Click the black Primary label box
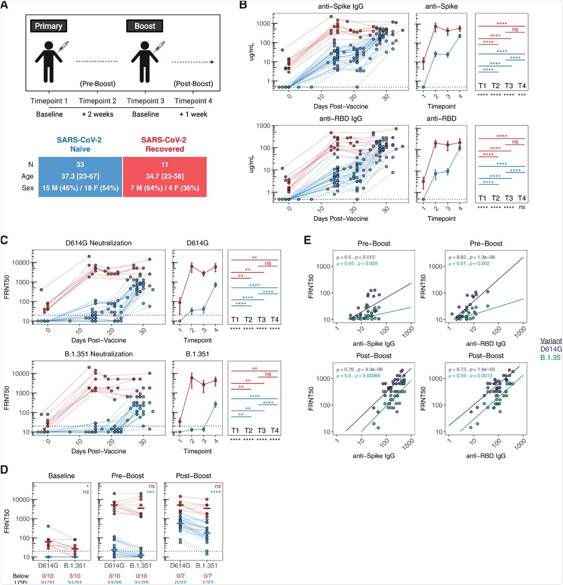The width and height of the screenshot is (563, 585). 49,26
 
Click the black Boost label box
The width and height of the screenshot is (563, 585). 145,26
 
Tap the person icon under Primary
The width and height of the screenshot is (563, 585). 49,62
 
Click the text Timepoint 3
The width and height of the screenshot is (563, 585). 146,101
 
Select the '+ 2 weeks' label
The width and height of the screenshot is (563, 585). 98,114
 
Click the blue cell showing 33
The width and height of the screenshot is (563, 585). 80,165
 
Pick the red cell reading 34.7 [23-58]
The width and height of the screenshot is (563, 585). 164,176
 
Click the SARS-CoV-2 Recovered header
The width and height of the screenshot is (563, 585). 164,144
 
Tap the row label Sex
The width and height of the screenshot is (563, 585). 28,188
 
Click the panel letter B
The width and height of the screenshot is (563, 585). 243,5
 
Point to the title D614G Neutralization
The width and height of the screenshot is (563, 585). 99,243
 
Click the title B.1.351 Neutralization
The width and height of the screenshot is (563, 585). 99,354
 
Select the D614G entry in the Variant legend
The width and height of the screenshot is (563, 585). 551,349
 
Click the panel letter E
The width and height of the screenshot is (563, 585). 308,240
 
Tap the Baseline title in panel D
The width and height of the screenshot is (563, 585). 62,476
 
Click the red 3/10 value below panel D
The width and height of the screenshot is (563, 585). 74,576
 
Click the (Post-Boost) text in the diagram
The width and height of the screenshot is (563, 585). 193,84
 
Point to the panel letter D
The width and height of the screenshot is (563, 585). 4,470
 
